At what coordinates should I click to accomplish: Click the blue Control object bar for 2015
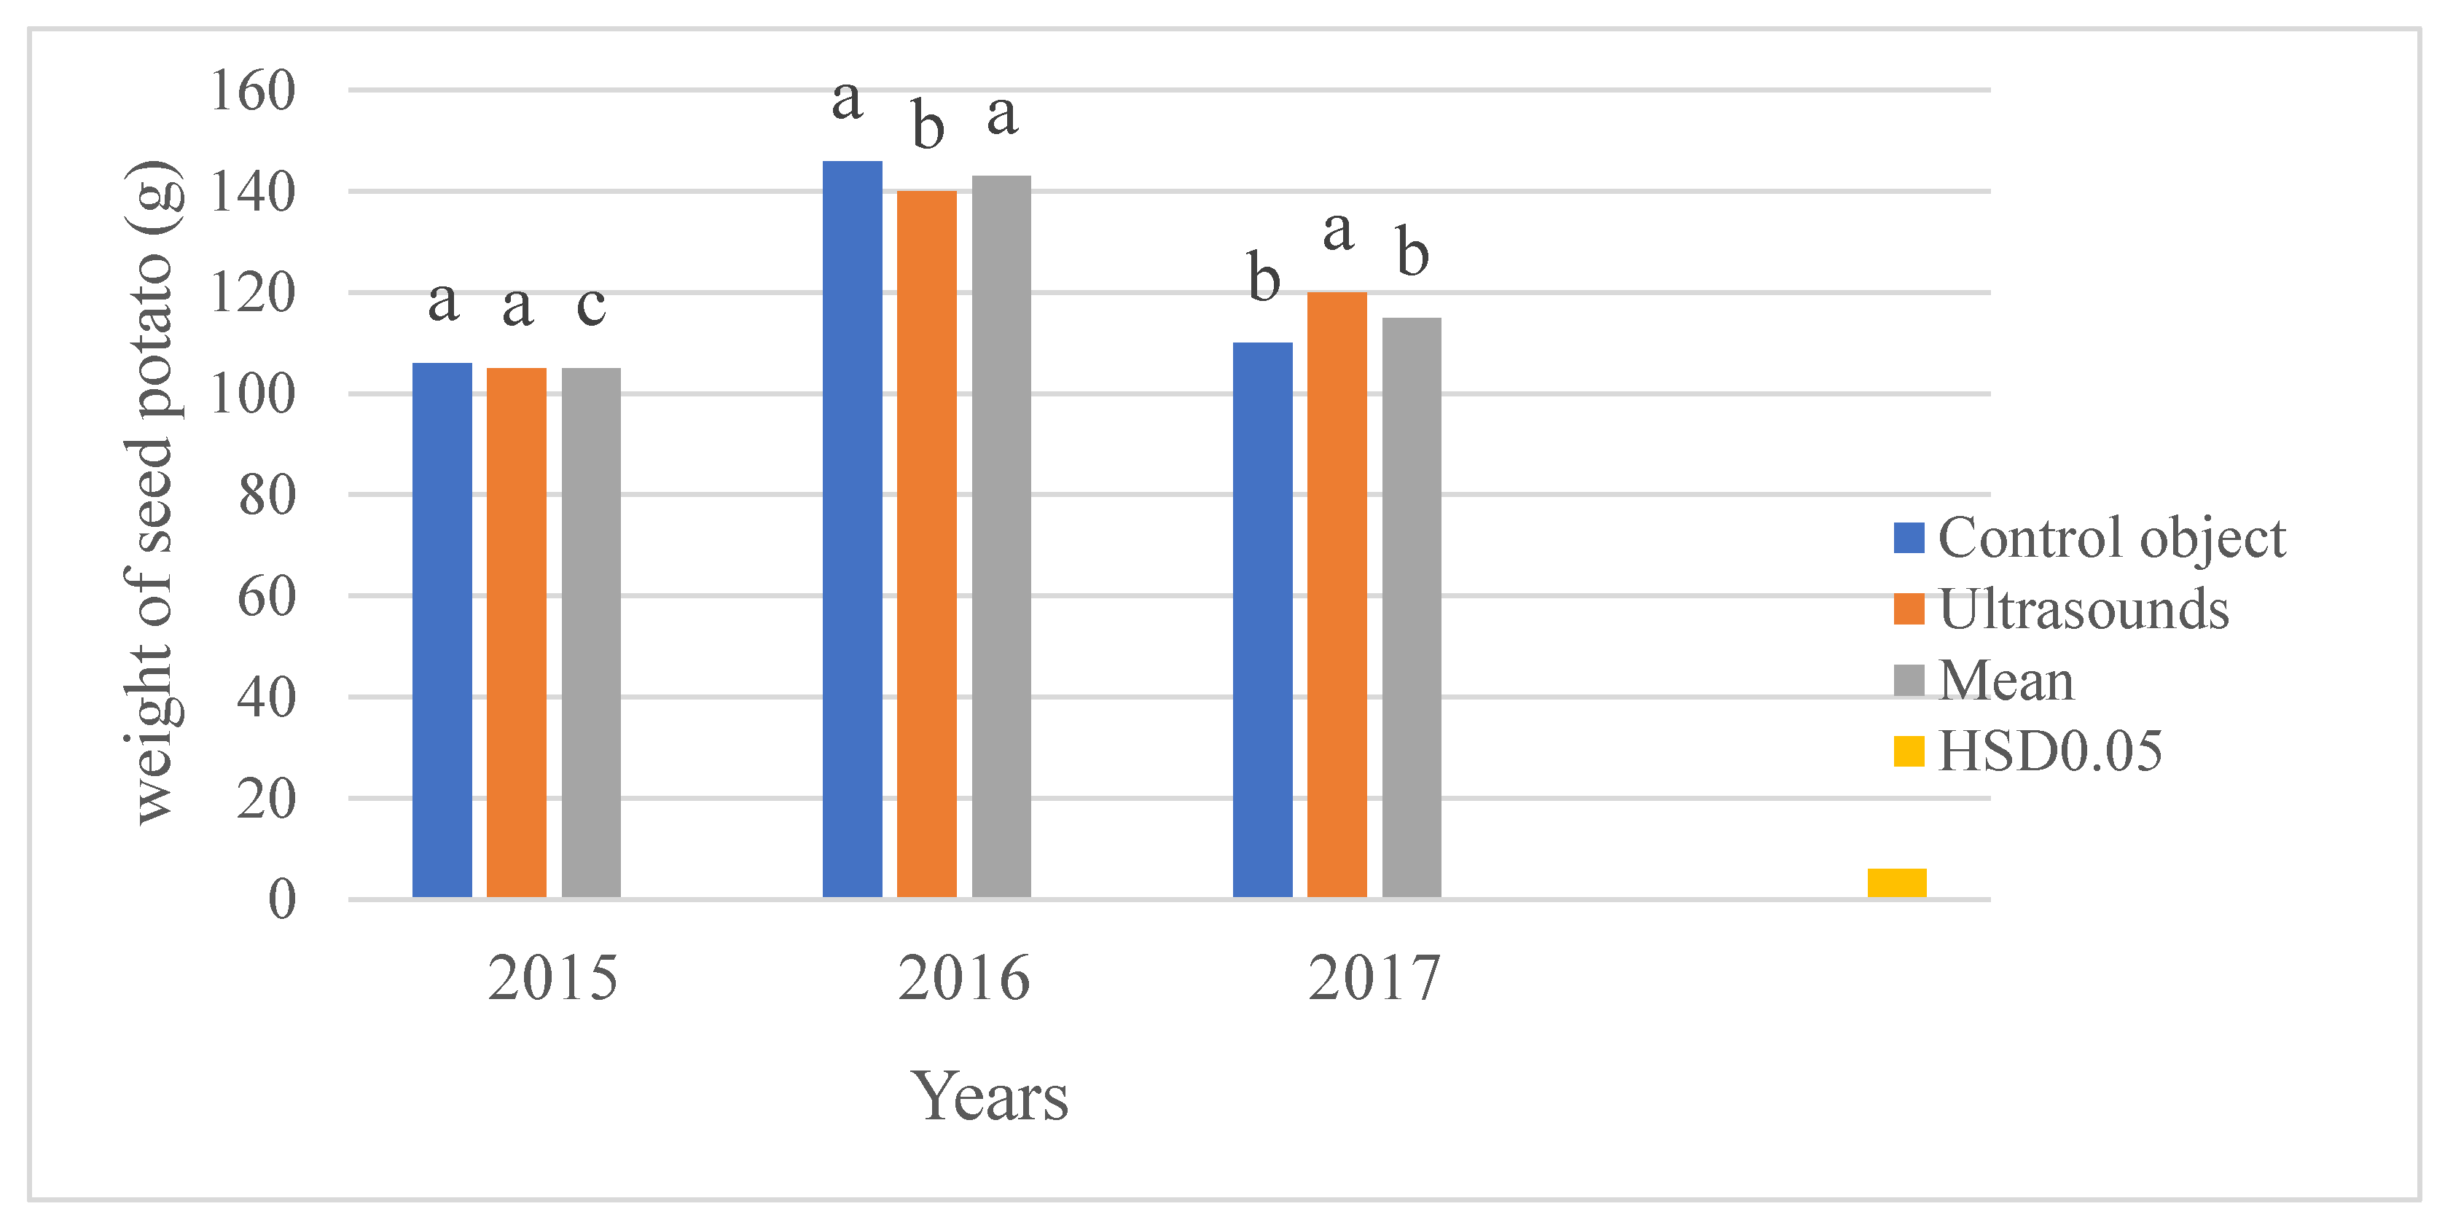coord(442,629)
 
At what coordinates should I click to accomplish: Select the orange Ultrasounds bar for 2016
coord(926,543)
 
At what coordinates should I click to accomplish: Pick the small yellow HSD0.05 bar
coord(1896,882)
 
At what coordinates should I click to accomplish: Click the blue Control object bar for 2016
coord(852,528)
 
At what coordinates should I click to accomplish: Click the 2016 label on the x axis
coord(963,978)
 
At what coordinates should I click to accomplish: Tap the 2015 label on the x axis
coord(553,978)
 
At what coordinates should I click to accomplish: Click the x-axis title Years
coord(990,1097)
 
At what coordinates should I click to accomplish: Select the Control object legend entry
coord(2090,539)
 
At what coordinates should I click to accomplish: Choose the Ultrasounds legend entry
coord(2062,610)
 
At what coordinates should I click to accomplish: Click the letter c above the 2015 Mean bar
coord(591,306)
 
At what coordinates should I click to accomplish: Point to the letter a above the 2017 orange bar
coord(1338,232)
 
